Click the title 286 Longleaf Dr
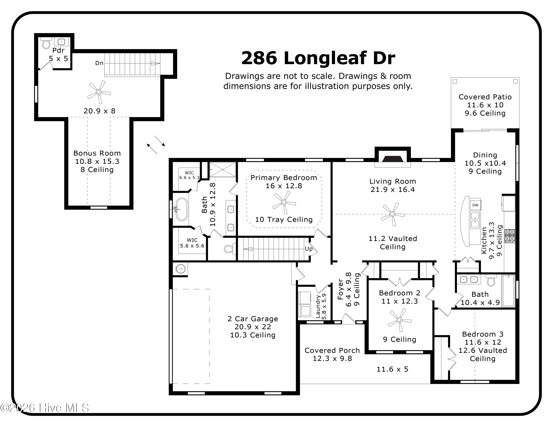click(318, 58)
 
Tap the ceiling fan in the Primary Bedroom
click(284, 202)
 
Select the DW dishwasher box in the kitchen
click(475, 205)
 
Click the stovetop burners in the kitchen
click(510, 236)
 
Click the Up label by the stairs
click(308, 249)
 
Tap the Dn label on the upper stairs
click(99, 63)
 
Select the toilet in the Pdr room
click(46, 43)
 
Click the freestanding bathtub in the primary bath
click(182, 209)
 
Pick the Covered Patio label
click(485, 97)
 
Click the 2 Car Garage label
click(253, 319)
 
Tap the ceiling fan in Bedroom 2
click(400, 320)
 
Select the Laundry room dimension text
click(324, 306)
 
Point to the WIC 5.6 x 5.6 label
click(192, 243)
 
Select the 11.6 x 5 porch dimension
click(392, 369)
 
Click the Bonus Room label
click(97, 153)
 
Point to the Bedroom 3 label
click(483, 334)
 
